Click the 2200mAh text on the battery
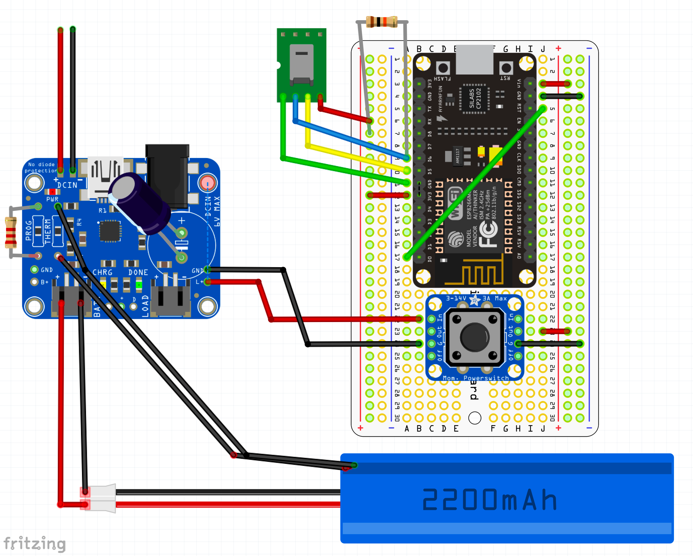[489, 499]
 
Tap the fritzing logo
[34, 544]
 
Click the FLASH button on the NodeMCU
[443, 68]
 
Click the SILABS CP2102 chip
[475, 98]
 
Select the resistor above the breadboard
[381, 22]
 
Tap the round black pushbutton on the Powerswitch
[474, 337]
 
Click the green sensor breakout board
[301, 64]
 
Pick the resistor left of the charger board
[11, 232]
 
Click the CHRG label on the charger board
[103, 272]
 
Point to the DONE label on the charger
[138, 272]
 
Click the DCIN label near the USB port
[67, 185]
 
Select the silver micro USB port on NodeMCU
[474, 60]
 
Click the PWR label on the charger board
[52, 199]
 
